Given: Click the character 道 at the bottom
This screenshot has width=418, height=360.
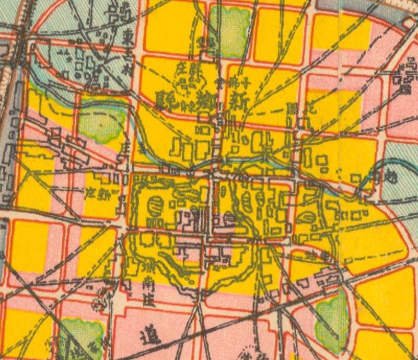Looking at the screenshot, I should pyautogui.click(x=148, y=336).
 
